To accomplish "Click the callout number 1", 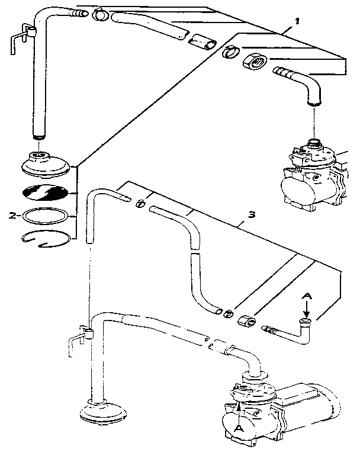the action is pos(297,21).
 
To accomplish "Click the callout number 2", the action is pos(12,216).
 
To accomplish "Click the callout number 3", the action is pos(252,215).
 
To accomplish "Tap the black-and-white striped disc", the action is pos(45,193).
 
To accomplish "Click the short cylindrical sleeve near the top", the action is pos(202,41).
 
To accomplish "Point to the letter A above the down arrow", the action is pos(307,296).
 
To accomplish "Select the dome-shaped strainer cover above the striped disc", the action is pos(46,164).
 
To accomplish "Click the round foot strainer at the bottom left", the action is pos(103,412).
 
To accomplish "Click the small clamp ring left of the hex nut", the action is pos(230,52).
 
